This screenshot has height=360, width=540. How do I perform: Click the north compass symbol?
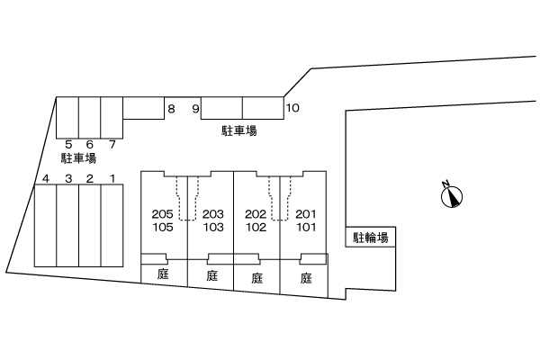[x=451, y=194]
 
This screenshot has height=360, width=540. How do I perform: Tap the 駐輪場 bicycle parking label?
[x=371, y=238]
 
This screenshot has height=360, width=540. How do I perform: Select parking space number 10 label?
[x=292, y=110]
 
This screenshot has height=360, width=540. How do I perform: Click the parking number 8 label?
[x=170, y=110]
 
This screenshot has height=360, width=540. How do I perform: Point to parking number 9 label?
[x=195, y=110]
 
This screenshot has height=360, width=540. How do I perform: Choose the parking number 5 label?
[x=68, y=144]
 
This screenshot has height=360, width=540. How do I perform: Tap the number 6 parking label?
[x=90, y=144]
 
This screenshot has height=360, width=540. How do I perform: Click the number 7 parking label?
[x=112, y=144]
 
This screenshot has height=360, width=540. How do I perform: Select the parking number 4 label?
[x=45, y=178]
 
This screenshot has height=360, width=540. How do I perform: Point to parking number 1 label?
[x=112, y=178]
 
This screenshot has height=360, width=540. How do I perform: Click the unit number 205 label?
[x=163, y=214]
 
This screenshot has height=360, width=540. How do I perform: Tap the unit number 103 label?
[x=212, y=228]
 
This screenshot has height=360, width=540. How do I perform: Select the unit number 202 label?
[x=256, y=214]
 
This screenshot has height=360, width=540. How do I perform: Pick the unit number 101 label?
[x=306, y=228]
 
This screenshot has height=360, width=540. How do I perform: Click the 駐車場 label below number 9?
[x=239, y=130]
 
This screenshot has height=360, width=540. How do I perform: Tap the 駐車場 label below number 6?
[x=78, y=158]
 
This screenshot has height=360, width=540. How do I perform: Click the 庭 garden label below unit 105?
[x=164, y=277]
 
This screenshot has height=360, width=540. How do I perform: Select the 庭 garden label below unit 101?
[x=306, y=277]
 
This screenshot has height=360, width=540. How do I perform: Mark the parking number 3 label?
[x=67, y=178]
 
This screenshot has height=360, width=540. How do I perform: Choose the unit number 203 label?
[x=212, y=214]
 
